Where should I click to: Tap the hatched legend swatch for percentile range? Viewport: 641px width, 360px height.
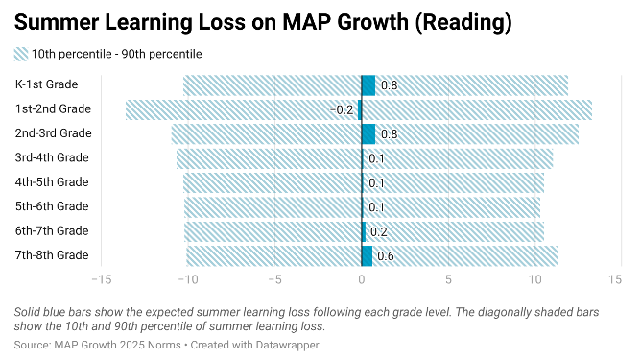point(21,55)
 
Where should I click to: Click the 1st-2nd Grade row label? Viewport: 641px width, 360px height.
point(54,109)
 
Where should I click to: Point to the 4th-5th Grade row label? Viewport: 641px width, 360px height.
point(53,182)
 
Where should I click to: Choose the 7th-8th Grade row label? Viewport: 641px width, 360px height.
point(53,255)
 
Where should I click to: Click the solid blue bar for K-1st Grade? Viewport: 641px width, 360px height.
point(368,85)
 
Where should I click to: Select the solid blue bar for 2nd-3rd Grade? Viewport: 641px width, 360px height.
point(368,133)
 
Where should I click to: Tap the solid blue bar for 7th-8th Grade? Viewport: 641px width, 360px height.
point(367,255)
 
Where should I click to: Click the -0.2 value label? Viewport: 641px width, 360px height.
point(343,109)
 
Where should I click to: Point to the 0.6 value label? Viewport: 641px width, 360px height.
point(385,255)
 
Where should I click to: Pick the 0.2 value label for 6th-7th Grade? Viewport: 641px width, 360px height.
point(378,231)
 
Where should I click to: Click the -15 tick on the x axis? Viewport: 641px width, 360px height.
point(99,279)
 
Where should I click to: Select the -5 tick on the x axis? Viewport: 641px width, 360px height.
point(274,279)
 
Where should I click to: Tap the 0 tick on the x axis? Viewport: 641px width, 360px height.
point(362,279)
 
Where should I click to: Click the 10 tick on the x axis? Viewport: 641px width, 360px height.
point(534,279)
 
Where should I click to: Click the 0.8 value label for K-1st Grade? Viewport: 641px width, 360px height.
point(390,85)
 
